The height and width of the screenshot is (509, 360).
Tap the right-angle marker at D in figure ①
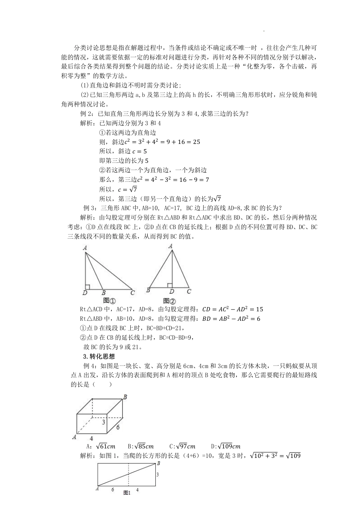pyautogui.click(x=87, y=287)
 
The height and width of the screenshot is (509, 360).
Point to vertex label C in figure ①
pyautogui.click(x=132, y=292)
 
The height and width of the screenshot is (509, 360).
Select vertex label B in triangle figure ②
pyautogui.click(x=148, y=290)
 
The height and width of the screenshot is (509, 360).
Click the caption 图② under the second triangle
pyautogui.click(x=169, y=301)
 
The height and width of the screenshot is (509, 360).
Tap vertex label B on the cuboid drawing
pyautogui.click(x=125, y=397)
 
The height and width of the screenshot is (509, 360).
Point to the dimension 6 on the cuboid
pyautogui.click(x=118, y=427)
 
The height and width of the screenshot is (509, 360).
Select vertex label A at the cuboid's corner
pyautogui.click(x=74, y=437)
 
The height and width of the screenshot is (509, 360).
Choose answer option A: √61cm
pyautogui.click(x=101, y=446)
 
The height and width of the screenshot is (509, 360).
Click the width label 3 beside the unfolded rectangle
pyautogui.click(x=158, y=474)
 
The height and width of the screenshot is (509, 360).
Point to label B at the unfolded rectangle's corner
pyautogui.click(x=158, y=463)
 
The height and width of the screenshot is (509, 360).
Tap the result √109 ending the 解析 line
pyautogui.click(x=293, y=456)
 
